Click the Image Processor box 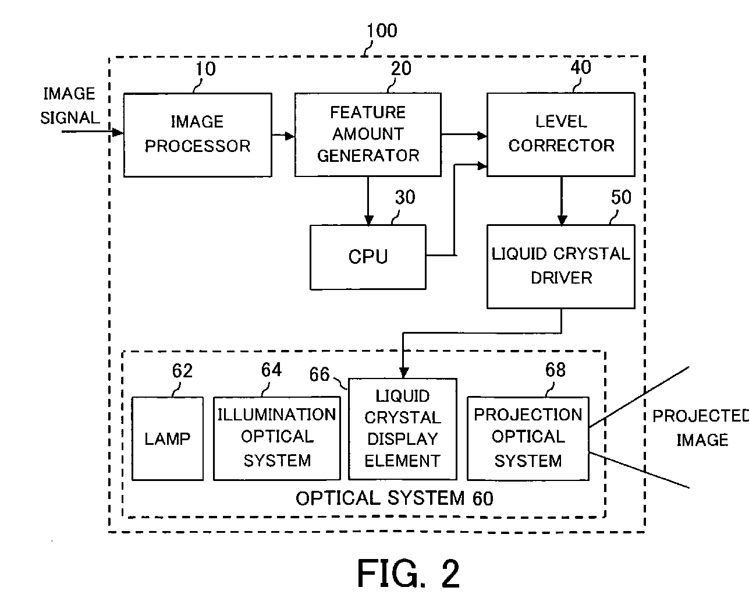[x=198, y=135]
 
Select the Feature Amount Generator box [x=368, y=135]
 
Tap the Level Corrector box [x=561, y=135]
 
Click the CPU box [x=368, y=257]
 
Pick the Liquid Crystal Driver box [x=561, y=267]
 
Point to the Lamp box [x=168, y=438]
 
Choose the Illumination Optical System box [x=277, y=438]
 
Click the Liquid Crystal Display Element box [x=402, y=429]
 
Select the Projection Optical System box [x=528, y=438]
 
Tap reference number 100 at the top [x=382, y=30]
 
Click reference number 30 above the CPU [x=405, y=197]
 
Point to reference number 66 [x=320, y=374]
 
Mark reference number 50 [x=621, y=197]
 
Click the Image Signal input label [x=70, y=106]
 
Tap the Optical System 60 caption [x=395, y=498]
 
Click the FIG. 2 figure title [x=409, y=574]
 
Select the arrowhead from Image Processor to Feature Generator [x=289, y=136]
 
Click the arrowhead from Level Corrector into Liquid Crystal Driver [x=562, y=220]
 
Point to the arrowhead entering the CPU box [x=368, y=220]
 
